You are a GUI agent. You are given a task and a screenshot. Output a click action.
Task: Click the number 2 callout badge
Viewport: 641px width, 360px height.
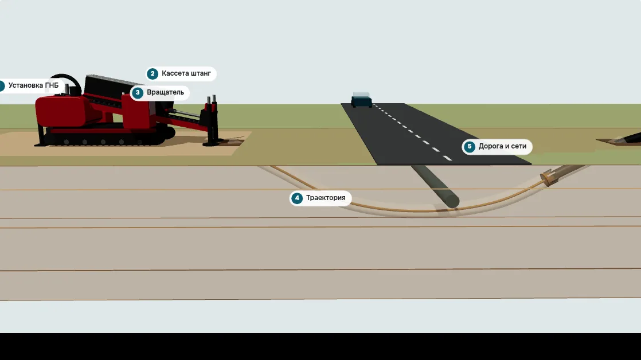(153, 73)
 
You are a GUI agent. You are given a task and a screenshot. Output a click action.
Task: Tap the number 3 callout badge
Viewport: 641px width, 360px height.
(138, 93)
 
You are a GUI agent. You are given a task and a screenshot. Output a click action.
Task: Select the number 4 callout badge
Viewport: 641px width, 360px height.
(297, 198)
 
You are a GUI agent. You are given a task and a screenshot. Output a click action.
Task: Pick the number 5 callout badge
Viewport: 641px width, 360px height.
(470, 146)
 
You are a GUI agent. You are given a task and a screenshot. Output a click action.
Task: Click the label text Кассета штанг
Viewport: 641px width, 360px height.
(186, 73)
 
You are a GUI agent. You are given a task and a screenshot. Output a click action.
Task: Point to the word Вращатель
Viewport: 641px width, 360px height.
(166, 93)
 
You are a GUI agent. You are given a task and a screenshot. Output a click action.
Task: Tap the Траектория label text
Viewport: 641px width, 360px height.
(326, 198)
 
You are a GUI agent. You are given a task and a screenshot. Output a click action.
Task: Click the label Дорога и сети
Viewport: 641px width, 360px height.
(502, 146)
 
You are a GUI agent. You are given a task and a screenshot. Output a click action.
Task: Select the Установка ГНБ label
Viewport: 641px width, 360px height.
(33, 85)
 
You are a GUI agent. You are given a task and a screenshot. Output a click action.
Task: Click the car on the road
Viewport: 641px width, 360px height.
(361, 100)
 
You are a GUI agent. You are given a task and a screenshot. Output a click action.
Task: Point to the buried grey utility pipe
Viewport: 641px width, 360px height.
(435, 186)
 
